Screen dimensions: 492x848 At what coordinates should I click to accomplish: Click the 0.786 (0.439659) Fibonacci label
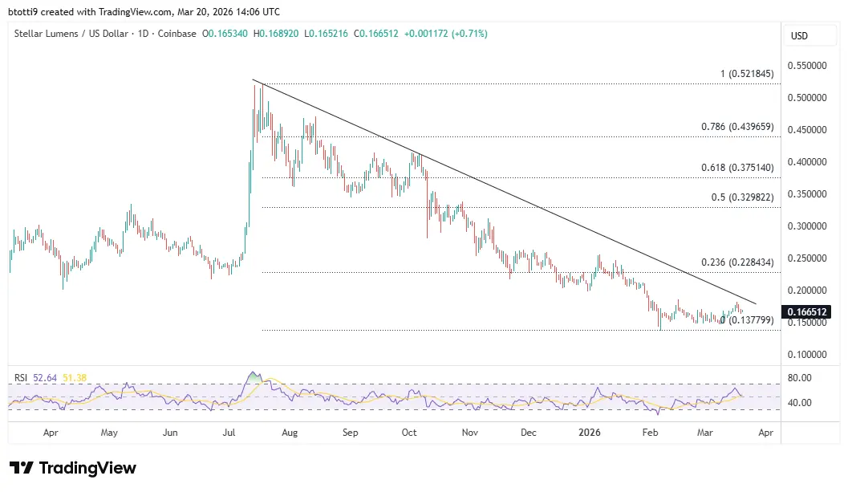[736, 127]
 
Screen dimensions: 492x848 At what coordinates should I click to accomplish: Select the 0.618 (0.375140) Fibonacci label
[736, 167]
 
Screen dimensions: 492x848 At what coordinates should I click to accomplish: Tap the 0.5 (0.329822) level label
[742, 197]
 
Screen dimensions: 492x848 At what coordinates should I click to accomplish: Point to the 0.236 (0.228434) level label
[736, 262]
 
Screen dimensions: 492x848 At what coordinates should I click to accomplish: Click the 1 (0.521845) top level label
[746, 74]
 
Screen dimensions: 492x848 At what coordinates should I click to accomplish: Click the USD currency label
[800, 36]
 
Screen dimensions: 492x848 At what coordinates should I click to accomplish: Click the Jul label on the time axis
[230, 433]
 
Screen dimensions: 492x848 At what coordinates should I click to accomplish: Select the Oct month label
[409, 433]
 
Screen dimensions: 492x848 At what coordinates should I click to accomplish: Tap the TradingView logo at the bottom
[73, 468]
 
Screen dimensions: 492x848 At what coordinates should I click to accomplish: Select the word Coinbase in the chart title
[177, 33]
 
